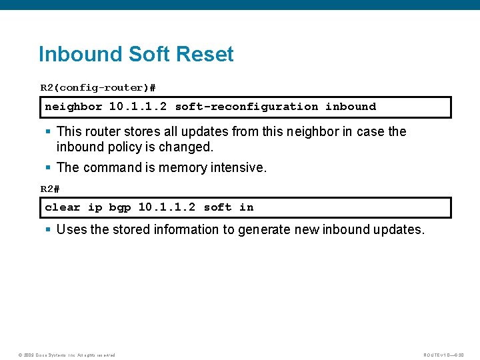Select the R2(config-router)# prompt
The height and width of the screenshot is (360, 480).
98,87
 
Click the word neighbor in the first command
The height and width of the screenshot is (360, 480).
73,107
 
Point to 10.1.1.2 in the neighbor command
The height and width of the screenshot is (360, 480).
138,107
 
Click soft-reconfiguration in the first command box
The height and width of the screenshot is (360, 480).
247,107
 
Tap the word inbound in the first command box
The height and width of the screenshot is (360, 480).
351,107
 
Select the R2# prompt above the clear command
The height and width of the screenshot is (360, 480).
51,189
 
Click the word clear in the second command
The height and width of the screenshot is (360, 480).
63,207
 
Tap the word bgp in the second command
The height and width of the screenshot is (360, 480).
120,207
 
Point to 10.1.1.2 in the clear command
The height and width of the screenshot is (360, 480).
167,207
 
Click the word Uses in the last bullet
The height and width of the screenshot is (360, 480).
71,230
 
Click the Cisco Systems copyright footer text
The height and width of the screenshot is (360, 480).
67,355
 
